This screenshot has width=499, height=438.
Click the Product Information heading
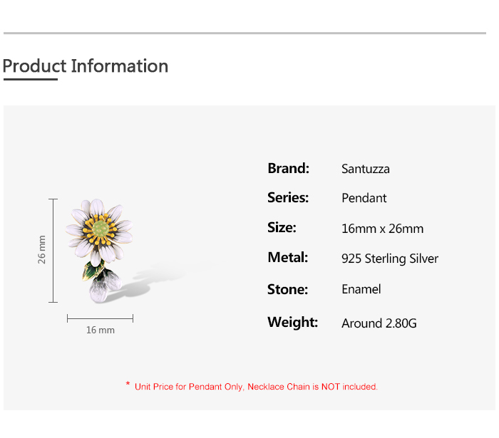coord(86,66)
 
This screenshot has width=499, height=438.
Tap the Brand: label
coord(288,169)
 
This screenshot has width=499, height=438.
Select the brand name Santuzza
coord(365,169)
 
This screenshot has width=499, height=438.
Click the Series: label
coord(288,198)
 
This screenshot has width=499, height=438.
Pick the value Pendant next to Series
coord(364,198)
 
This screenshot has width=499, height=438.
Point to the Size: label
coord(282,228)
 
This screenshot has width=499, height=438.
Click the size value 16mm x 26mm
coord(383,229)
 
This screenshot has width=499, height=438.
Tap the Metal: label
coord(288,258)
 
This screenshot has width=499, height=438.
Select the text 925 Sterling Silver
coord(390,259)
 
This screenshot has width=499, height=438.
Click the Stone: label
coord(288,290)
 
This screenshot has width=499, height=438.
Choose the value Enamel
coord(361,289)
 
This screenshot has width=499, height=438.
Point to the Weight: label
coord(293,323)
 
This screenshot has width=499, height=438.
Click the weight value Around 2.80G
coord(379,323)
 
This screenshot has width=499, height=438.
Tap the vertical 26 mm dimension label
coord(41,249)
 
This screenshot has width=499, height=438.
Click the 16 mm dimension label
coord(101,330)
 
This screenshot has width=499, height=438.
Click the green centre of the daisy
coord(101,228)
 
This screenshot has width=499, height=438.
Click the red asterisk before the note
coord(128,384)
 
